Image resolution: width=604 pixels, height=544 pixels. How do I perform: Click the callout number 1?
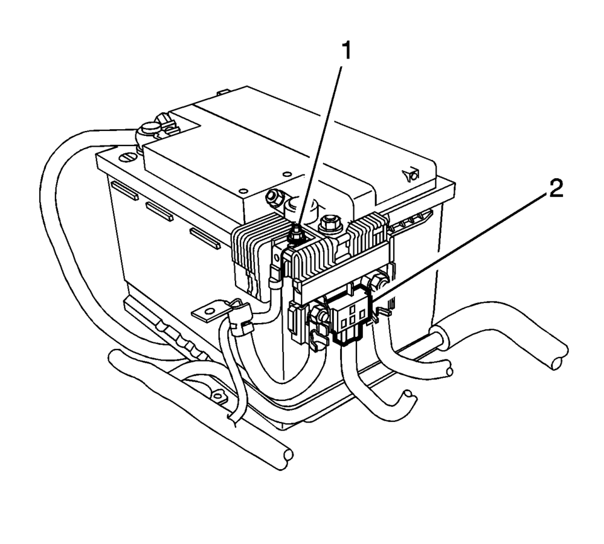coord(347,51)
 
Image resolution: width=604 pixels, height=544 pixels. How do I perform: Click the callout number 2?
coord(556,188)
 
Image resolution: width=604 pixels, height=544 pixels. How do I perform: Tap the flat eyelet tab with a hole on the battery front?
coord(208,311)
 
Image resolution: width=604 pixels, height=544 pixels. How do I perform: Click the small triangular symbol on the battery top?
coord(411,175)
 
